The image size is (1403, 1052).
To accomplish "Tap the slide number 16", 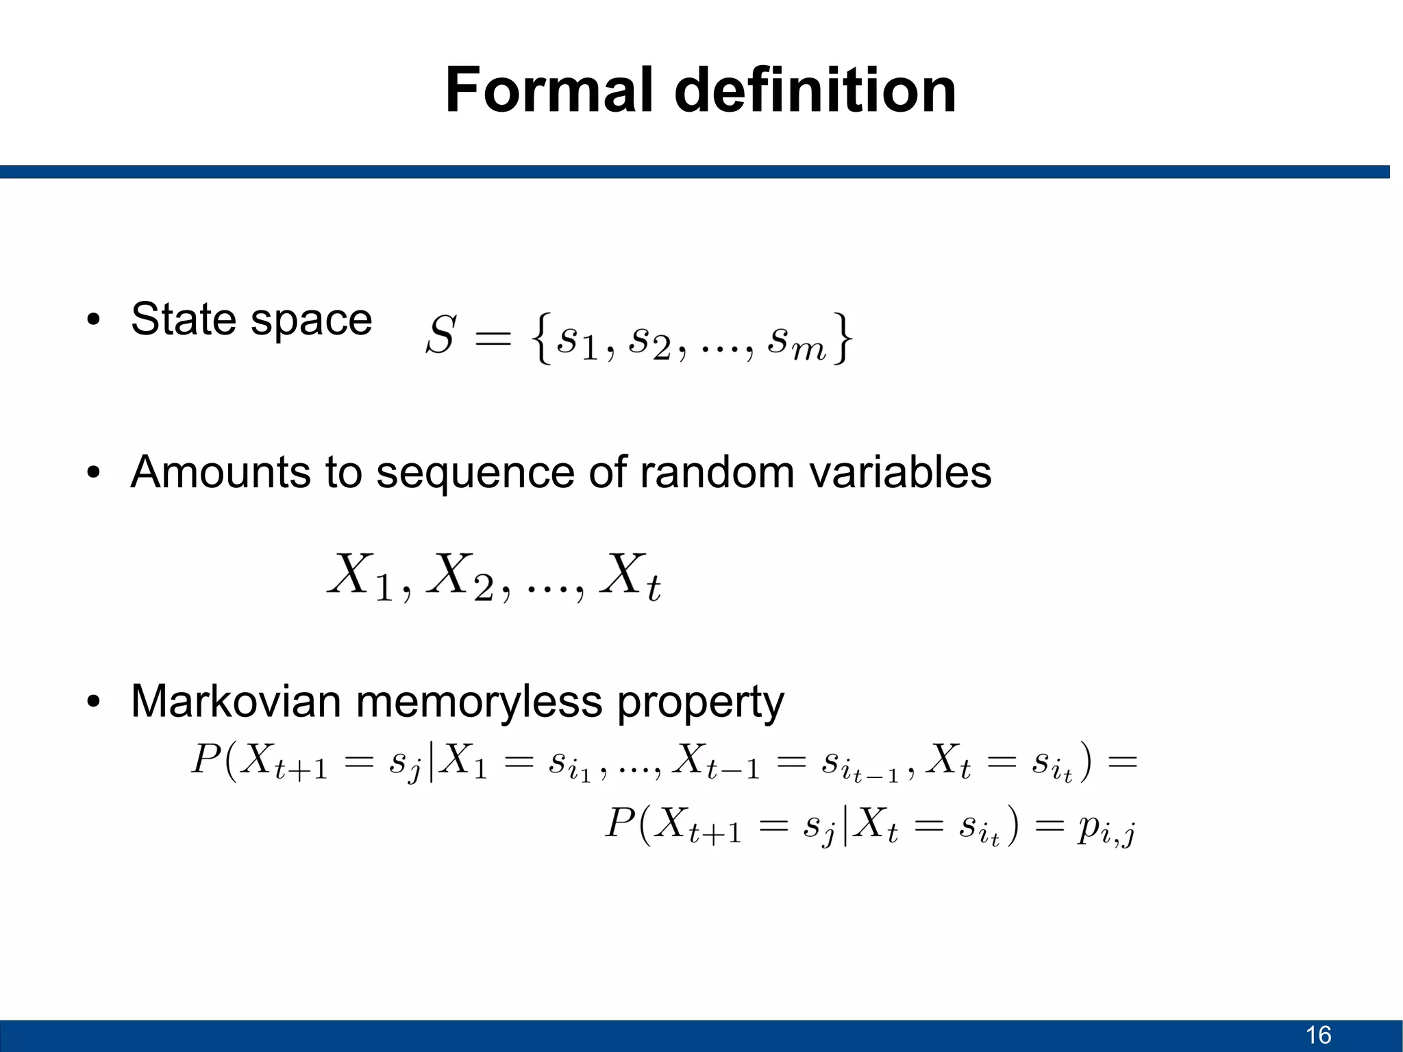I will pos(1318,1035).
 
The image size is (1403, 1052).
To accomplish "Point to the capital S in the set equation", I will pos(440,336).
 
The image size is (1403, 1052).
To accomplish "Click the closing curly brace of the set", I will pos(843,337).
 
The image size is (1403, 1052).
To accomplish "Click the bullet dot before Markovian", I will pos(94,702).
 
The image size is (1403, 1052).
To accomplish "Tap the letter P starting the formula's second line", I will pos(621,823).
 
